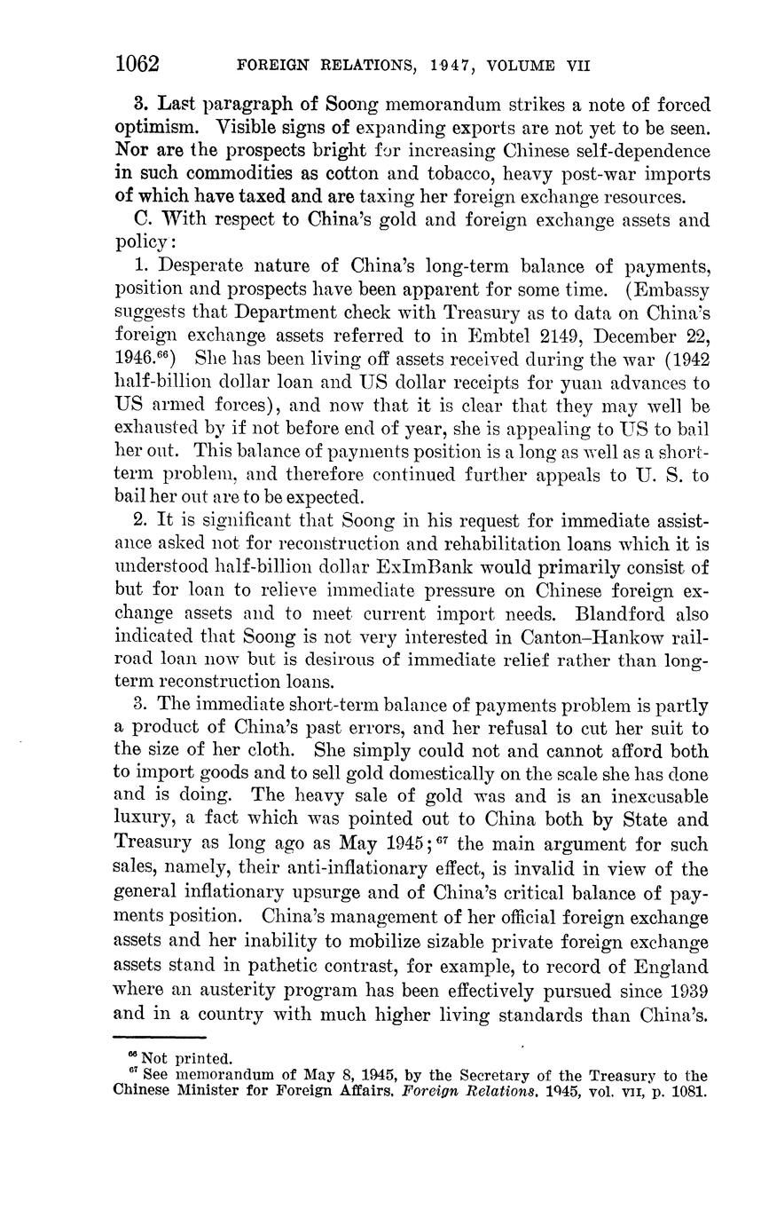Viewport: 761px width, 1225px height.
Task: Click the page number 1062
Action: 137,64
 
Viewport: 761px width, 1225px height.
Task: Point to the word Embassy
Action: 672,289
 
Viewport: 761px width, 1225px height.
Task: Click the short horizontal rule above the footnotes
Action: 160,1037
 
